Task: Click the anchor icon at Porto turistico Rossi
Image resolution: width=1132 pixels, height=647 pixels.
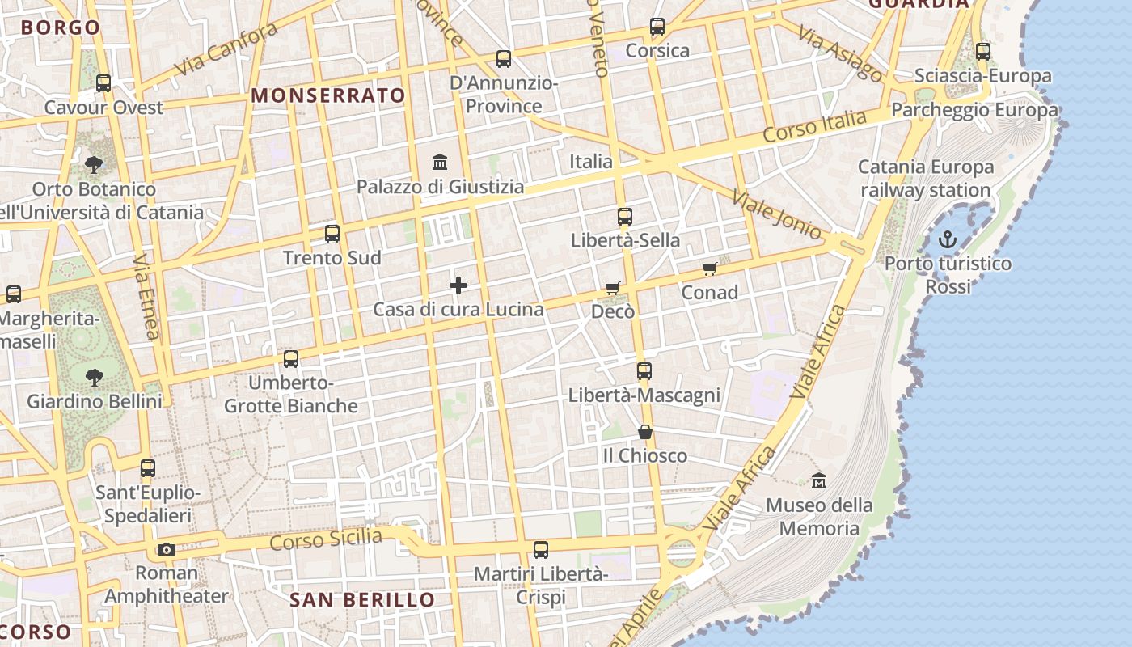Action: click(947, 239)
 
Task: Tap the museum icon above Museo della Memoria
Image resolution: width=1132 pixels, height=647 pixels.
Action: click(819, 480)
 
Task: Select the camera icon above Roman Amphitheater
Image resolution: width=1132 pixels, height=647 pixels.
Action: click(167, 550)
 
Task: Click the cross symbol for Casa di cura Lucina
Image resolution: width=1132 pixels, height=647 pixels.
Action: click(458, 285)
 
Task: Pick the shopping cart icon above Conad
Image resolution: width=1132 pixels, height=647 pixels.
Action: click(709, 269)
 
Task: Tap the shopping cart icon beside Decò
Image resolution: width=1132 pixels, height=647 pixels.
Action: click(613, 288)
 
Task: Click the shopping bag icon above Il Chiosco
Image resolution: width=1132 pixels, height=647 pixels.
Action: click(644, 432)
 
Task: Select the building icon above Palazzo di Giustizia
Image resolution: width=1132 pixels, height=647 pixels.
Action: click(440, 163)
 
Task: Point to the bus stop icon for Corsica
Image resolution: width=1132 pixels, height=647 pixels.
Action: click(657, 27)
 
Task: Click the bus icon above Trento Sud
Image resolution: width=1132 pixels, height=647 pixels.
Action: click(332, 234)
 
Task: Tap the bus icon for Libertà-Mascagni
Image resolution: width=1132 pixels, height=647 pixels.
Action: click(644, 371)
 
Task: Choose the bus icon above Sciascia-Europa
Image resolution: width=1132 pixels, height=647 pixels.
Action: click(982, 52)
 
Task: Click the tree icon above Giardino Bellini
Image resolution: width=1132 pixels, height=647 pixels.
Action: click(95, 377)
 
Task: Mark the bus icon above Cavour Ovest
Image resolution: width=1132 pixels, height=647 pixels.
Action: click(103, 83)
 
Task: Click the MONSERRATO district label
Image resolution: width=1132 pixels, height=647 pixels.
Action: click(328, 95)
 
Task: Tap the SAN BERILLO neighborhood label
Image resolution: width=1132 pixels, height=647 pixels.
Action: click(362, 600)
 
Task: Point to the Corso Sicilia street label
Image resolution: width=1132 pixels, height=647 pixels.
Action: click(326, 539)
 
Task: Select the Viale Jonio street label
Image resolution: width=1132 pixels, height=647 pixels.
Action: click(776, 214)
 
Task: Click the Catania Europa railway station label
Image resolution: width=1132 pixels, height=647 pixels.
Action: click(926, 179)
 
